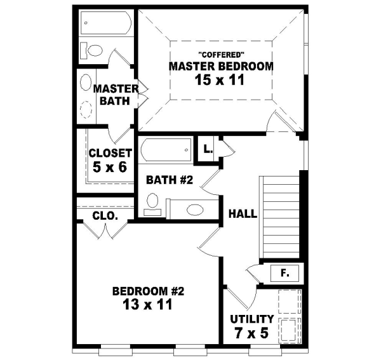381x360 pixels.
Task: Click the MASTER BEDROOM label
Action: (x=221, y=65)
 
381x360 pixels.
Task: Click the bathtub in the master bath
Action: (x=106, y=25)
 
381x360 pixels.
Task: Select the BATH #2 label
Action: (x=169, y=180)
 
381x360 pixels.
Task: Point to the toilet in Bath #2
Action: (x=152, y=203)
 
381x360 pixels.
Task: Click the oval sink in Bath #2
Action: (x=193, y=209)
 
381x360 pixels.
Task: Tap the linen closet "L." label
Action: (x=208, y=150)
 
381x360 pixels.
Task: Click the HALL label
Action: (x=243, y=214)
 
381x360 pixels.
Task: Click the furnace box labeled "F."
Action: (x=284, y=274)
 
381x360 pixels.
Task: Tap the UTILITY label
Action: (x=252, y=319)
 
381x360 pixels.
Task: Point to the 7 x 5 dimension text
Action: (x=252, y=332)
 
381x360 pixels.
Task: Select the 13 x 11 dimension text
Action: (x=147, y=305)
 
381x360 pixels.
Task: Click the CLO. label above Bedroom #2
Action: (x=104, y=216)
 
